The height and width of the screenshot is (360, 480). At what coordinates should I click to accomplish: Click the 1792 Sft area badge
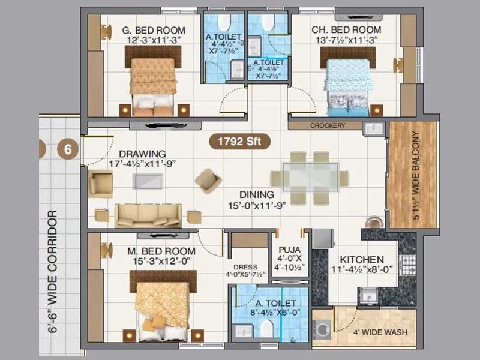(x=239, y=142)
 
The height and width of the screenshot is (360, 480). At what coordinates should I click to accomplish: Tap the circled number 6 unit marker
(x=68, y=149)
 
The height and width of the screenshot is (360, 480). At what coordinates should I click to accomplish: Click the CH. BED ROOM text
(x=346, y=30)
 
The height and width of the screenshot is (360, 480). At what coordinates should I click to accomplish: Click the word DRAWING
(x=142, y=154)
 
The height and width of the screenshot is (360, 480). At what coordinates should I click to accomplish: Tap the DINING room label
(x=257, y=194)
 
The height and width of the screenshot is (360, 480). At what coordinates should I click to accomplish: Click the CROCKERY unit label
(x=328, y=126)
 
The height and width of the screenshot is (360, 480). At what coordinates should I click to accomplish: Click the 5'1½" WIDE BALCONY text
(x=415, y=175)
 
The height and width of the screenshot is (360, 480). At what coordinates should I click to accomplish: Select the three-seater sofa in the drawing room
(x=148, y=215)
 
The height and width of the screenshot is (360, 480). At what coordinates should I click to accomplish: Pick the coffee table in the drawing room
(x=147, y=182)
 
